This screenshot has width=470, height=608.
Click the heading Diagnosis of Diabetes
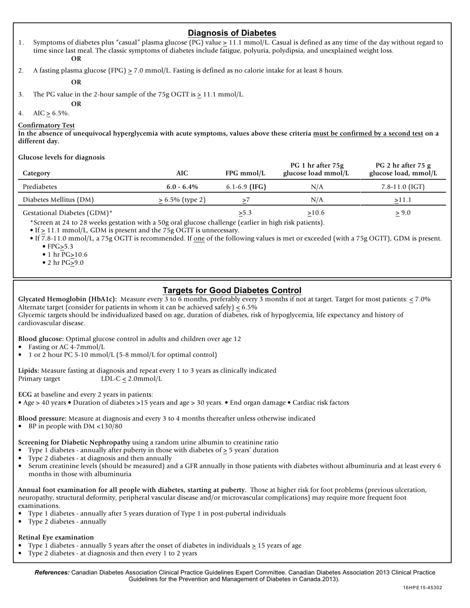coord(232,33)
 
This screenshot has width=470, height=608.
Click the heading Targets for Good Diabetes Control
coord(232,290)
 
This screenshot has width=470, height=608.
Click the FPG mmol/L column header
coord(245,173)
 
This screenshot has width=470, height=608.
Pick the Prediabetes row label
coord(40,187)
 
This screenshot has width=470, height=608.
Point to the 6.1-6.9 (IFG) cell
coord(246,187)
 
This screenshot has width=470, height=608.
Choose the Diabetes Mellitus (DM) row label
coord(58,200)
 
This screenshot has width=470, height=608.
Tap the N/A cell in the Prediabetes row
coord(317,187)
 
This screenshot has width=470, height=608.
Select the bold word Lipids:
coord(29,371)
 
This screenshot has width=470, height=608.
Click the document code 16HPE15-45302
coord(422,588)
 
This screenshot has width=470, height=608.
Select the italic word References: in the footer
coord(52,572)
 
